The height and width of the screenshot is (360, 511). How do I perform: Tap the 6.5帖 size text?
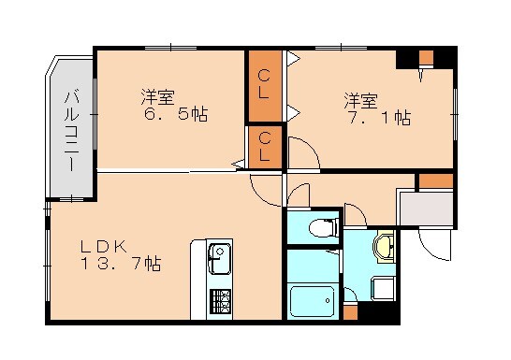(x=176, y=115)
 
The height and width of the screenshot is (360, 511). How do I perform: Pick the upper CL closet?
(x=265, y=85)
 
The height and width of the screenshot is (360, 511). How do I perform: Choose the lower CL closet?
(x=265, y=147)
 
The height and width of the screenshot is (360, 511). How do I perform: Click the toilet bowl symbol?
(x=323, y=226)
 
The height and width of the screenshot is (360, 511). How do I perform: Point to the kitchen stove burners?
(x=220, y=300)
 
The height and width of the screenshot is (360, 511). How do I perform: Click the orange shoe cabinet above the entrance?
(x=435, y=180)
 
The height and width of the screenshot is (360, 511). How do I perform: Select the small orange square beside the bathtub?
(x=350, y=311)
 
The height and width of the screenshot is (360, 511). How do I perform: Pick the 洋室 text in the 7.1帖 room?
(x=359, y=97)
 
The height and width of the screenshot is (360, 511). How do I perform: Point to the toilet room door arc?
(x=299, y=195)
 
